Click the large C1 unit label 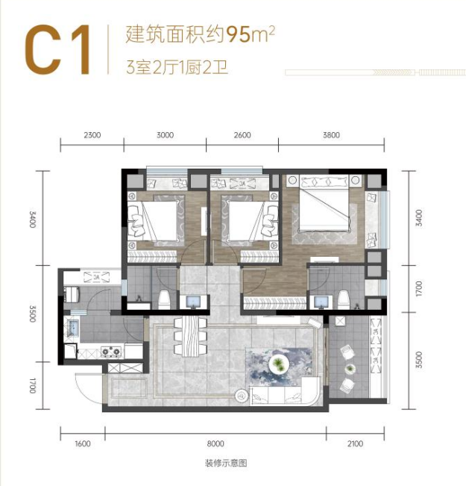58,49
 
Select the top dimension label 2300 92,135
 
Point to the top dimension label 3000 165,135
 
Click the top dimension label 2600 242,135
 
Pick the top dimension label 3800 331,135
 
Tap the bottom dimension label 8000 215,444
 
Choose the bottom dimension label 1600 83,444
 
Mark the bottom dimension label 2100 355,444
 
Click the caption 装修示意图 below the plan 226,464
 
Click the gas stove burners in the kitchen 111,352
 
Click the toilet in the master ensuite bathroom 343,299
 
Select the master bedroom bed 324,203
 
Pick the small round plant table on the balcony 350,369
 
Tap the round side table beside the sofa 242,396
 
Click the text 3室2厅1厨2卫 177,68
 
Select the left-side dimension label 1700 33,385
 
